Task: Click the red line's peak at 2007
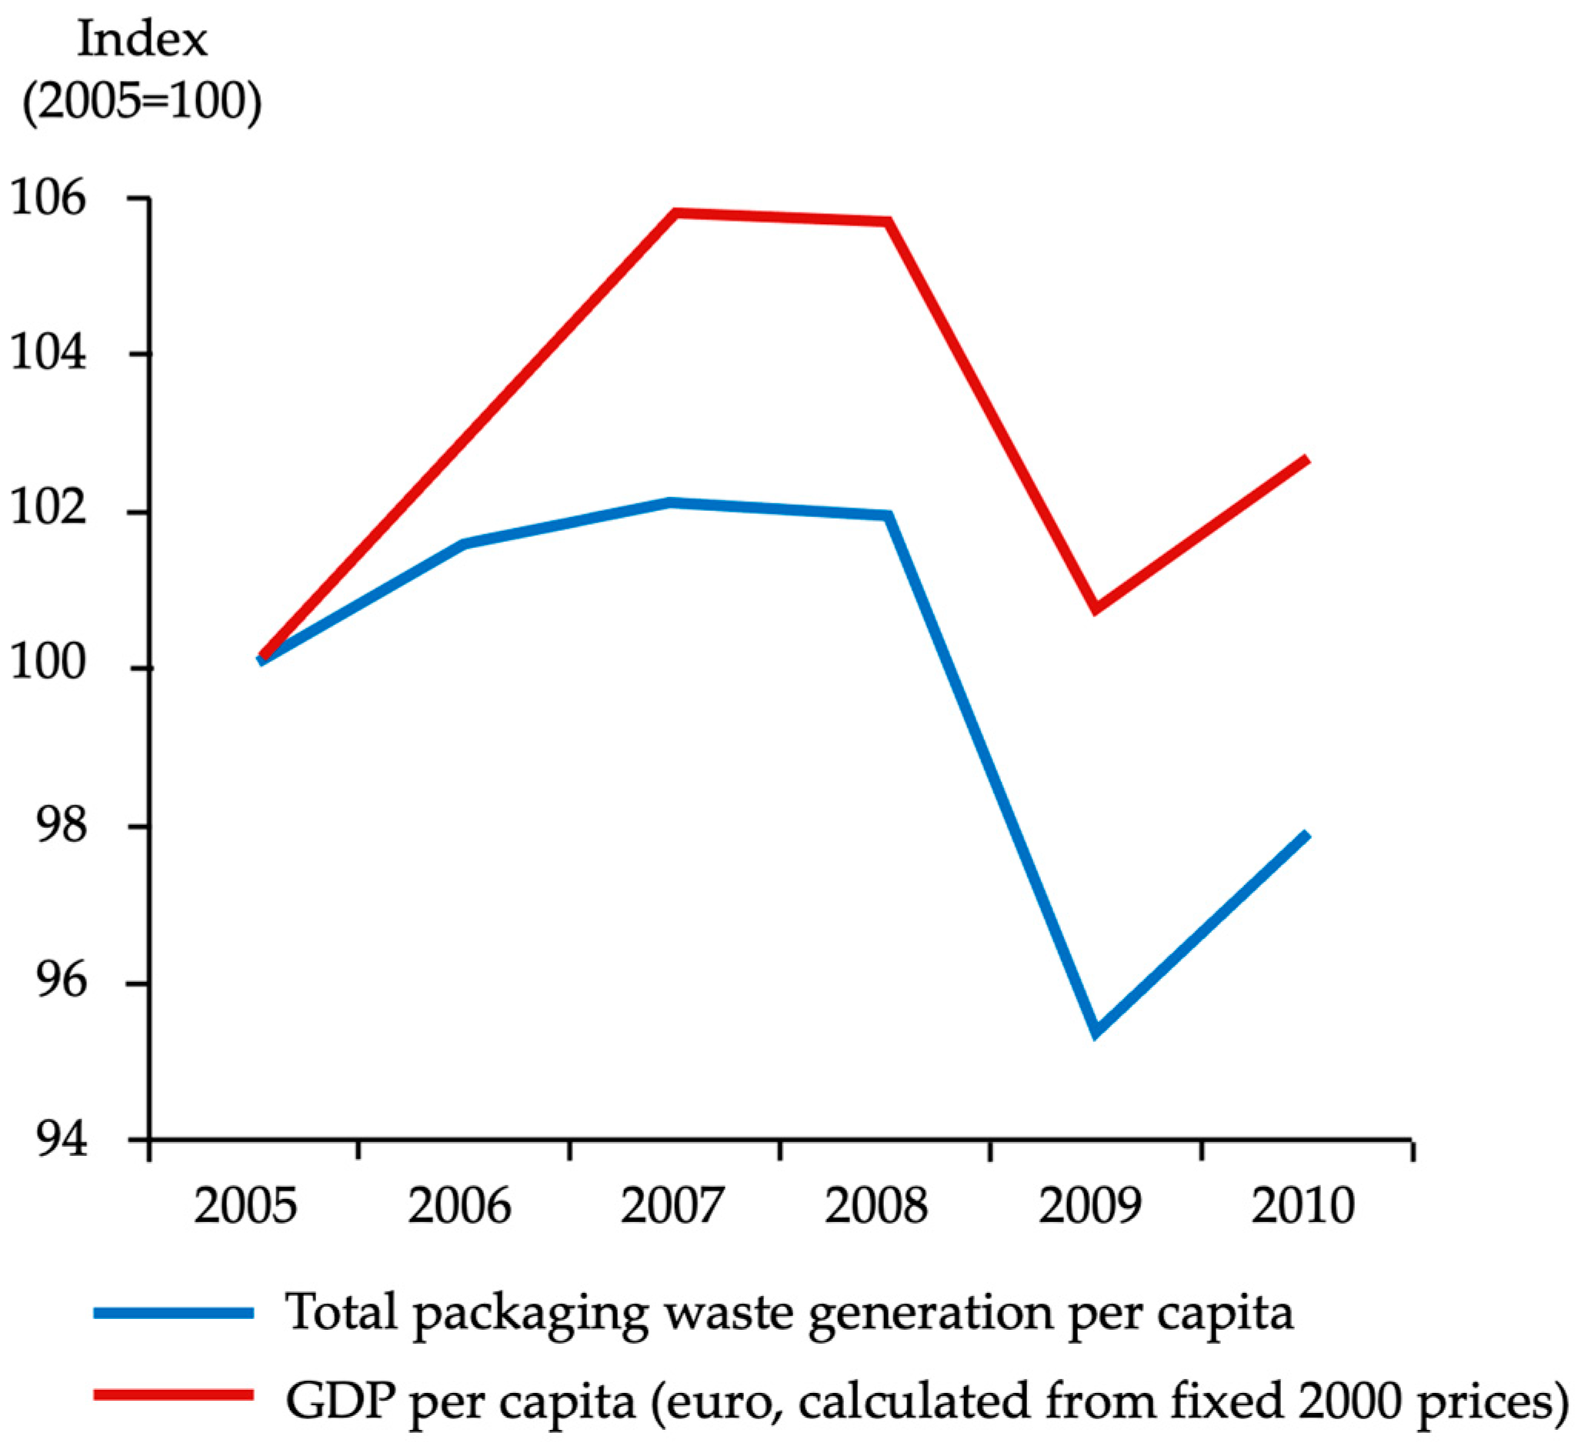(x=675, y=212)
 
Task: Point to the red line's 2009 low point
(x=1096, y=609)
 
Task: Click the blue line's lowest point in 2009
(x=1096, y=1033)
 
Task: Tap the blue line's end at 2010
(x=1306, y=834)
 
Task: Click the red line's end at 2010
(x=1306, y=459)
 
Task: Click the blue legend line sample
(x=173, y=1313)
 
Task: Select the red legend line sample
(x=173, y=1395)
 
